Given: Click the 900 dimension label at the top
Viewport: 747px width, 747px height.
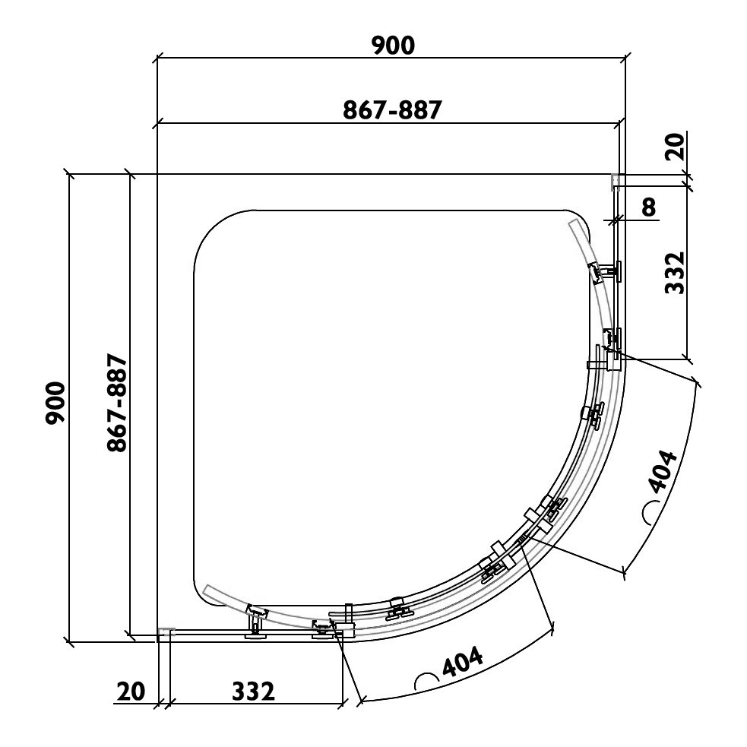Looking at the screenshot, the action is pos(393,46).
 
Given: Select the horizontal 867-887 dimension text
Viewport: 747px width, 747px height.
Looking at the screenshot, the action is pos(393,110).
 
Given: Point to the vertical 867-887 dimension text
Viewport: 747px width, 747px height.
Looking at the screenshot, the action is pos(117,403).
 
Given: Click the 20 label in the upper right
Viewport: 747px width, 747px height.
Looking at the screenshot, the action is pos(675,147).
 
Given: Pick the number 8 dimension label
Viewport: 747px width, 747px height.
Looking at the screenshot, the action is pos(649,207).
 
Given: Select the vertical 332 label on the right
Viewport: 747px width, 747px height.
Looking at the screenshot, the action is pos(675,273).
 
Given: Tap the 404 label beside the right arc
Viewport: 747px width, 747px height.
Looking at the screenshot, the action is pos(663,471).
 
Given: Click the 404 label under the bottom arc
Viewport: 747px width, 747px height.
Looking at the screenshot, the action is pos(463,661).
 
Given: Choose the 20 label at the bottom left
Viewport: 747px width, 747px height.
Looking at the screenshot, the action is pos(131,692).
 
